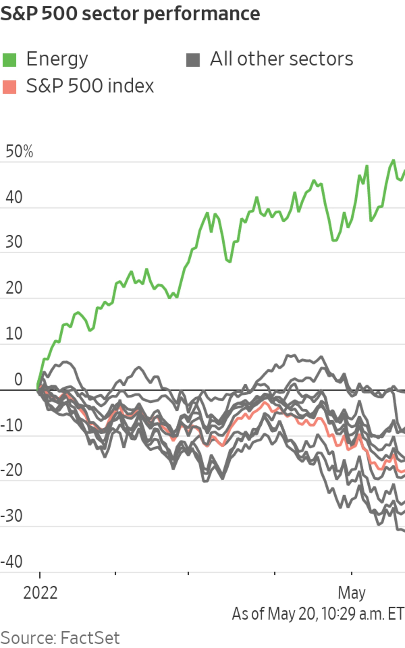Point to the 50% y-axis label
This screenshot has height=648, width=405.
19,151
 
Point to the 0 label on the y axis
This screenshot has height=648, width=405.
18,379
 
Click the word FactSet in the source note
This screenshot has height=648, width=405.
90,638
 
